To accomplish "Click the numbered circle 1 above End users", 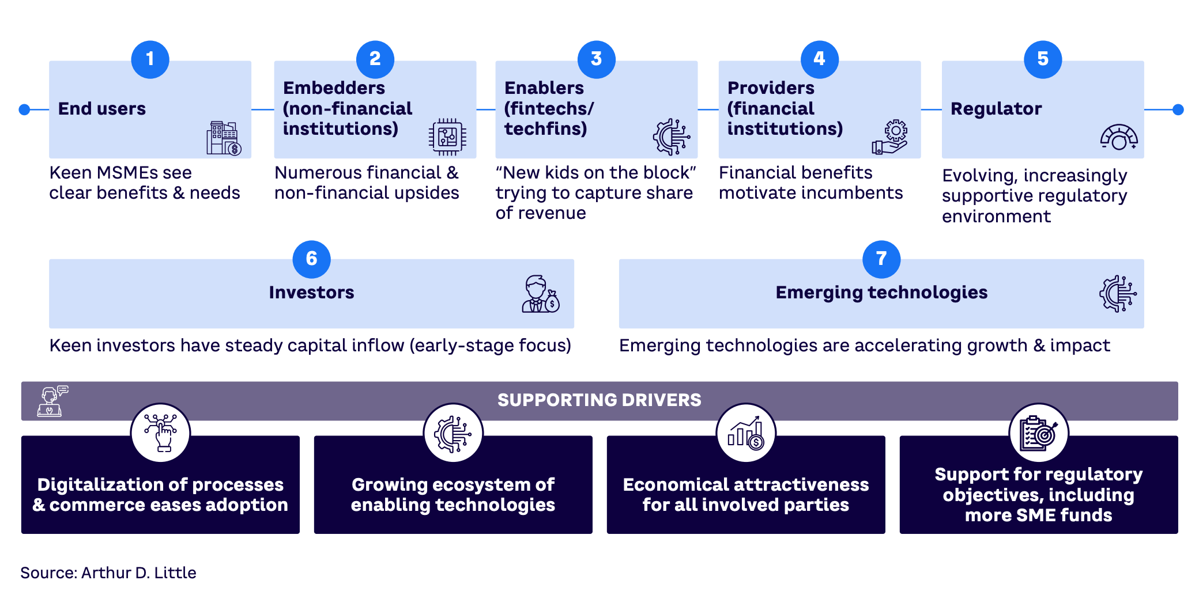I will click(150, 59).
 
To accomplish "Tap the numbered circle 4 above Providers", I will click(819, 59).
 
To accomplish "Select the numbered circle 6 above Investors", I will click(311, 259).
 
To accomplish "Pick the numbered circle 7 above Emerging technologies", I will click(881, 259).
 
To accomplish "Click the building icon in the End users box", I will click(224, 139).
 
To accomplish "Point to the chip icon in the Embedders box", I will click(447, 137).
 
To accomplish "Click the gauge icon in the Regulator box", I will click(1118, 138).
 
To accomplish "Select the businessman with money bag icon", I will click(540, 294).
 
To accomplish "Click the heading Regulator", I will click(996, 109).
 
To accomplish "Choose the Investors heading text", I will click(311, 293).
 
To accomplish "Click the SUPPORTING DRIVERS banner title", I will click(599, 400).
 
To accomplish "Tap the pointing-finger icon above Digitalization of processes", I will click(160, 433).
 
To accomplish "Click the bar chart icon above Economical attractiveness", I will click(746, 433).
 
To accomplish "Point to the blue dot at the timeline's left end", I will click(24, 109).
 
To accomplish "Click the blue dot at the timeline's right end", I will click(1178, 109).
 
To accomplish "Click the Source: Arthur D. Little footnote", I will click(108, 573).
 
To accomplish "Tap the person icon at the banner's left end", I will click(52, 401).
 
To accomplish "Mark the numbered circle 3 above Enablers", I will click(596, 59).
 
